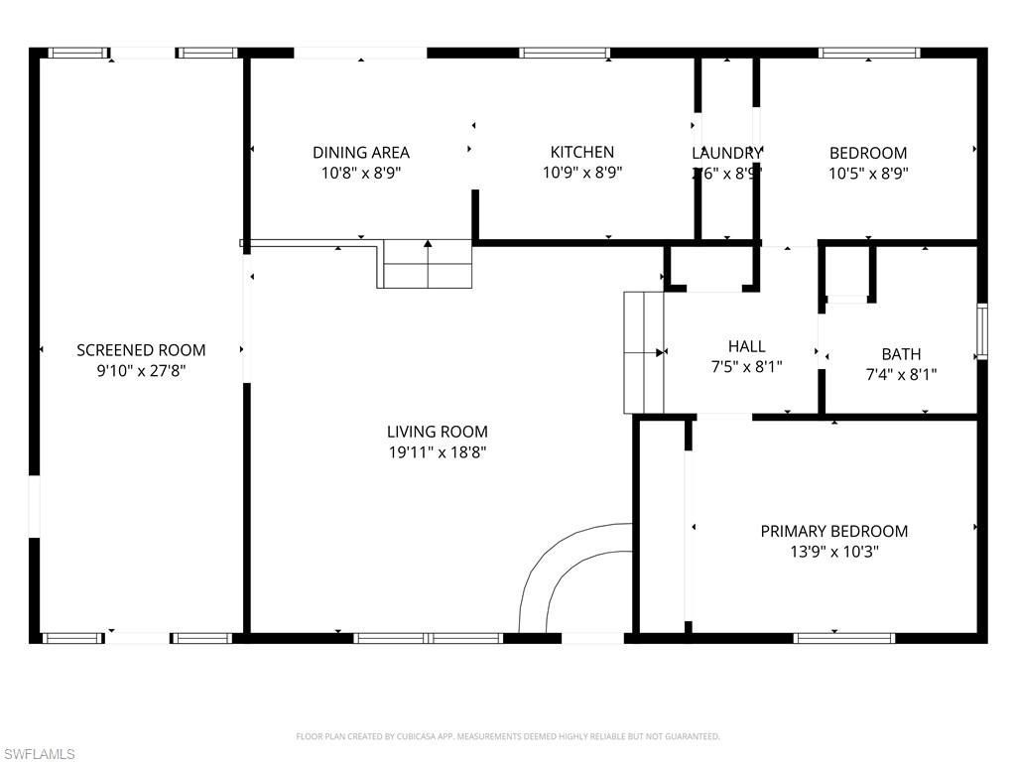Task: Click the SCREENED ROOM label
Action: pos(141,350)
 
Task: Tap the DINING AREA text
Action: pos(361,153)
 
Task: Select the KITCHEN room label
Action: pos(582,152)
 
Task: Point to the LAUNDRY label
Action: pos(726,153)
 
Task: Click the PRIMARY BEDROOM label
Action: pos(833,532)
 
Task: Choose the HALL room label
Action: pos(746,346)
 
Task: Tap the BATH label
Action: pos(901,354)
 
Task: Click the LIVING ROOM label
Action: pos(437,432)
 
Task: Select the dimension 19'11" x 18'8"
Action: pos(437,453)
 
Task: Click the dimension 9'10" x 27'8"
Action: pos(141,371)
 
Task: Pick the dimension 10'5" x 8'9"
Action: pos(868,173)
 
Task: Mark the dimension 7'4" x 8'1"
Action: pos(901,375)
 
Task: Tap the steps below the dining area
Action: pos(427,264)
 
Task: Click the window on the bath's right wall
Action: pos(981,330)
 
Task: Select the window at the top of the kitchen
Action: pos(564,53)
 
